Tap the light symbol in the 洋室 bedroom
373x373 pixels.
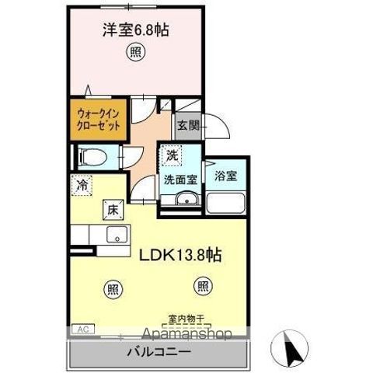(x=134, y=54)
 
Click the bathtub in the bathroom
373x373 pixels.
(x=226, y=204)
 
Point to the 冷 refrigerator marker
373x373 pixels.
(x=82, y=186)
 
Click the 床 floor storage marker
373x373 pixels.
(x=112, y=207)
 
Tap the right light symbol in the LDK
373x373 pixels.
(x=202, y=287)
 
